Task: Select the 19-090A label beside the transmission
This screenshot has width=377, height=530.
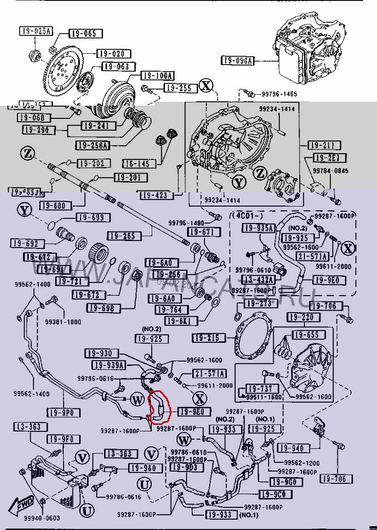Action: point(238,60)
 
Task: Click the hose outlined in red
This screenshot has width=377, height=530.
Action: point(157,406)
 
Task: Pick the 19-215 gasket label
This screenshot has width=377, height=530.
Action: point(206,338)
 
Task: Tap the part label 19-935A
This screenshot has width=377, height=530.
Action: point(258,229)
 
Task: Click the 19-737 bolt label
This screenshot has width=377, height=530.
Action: point(260,389)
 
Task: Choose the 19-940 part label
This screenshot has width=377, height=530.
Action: point(291,448)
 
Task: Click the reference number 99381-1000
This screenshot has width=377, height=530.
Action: point(63,322)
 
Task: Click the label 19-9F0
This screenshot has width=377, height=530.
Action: point(60,439)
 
